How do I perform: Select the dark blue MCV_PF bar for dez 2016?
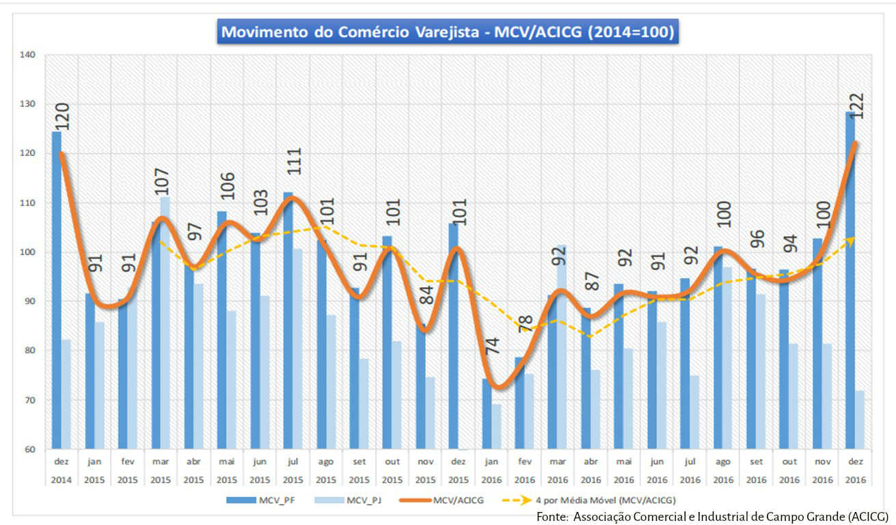850,280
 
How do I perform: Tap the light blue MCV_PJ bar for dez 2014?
66,394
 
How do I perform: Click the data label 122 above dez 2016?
857,106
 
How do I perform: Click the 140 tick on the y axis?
31,55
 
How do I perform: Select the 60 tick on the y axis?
31,449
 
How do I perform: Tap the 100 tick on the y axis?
31,252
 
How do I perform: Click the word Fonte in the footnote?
552,515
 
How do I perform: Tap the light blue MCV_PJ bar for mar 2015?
165,321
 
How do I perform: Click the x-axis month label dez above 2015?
458,461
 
